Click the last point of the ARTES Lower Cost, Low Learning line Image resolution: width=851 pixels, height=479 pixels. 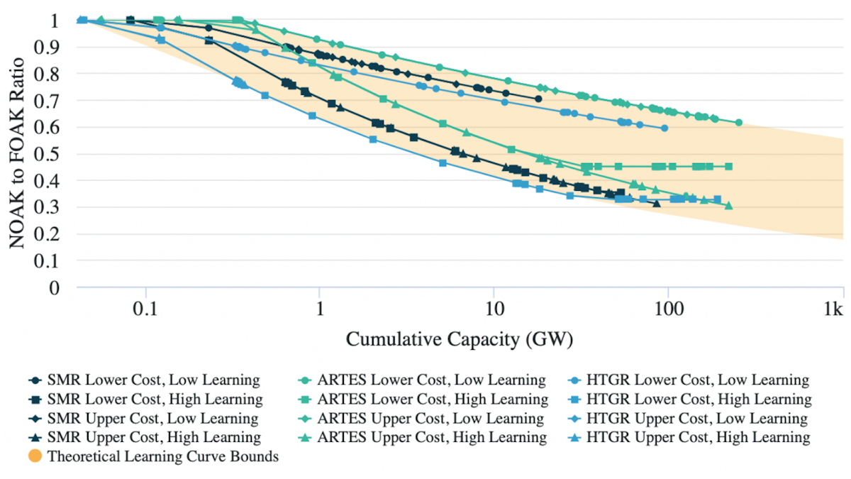point(738,123)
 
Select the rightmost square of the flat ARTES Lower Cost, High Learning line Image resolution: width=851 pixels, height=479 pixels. point(728,167)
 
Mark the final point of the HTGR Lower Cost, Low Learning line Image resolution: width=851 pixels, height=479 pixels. point(664,128)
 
